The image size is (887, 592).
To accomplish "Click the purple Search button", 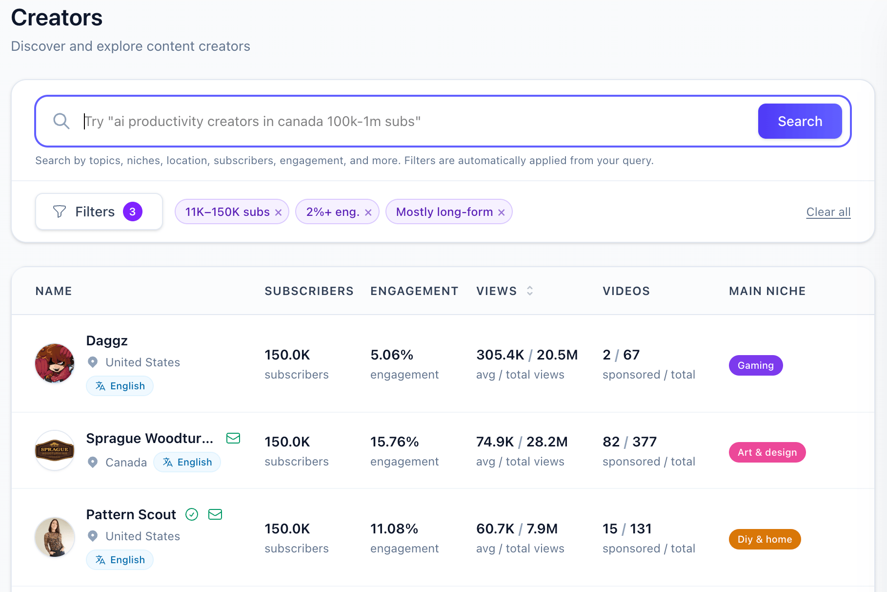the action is [x=800, y=121].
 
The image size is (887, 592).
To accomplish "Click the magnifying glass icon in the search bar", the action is [x=61, y=121].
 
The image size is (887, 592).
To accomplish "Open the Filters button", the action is [x=99, y=211].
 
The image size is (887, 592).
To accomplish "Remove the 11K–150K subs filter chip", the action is [x=279, y=212].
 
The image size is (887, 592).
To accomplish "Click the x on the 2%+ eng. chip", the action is [x=368, y=212].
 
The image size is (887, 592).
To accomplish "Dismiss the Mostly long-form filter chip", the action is [x=502, y=212].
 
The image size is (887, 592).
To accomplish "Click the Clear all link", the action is [x=828, y=212].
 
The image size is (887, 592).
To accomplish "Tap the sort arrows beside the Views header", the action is [x=530, y=291].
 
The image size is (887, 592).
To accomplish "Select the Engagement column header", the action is [x=414, y=291].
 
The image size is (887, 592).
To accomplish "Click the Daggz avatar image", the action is [x=55, y=363].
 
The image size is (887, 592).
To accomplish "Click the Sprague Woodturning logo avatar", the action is [x=55, y=450].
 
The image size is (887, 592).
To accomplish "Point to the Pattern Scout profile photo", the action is [x=55, y=537].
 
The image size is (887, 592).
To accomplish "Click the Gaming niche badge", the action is [x=756, y=365].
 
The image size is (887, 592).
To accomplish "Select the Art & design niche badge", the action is [x=767, y=452].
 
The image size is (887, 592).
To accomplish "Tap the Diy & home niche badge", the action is [x=765, y=539].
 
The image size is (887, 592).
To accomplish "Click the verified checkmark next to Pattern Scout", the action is [x=192, y=514].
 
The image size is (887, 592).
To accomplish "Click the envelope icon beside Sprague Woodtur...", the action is [x=233, y=438].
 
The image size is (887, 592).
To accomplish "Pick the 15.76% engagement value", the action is [x=394, y=442].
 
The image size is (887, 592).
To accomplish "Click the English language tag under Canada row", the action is [x=187, y=462].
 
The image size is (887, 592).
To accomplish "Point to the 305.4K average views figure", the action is [x=500, y=355].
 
